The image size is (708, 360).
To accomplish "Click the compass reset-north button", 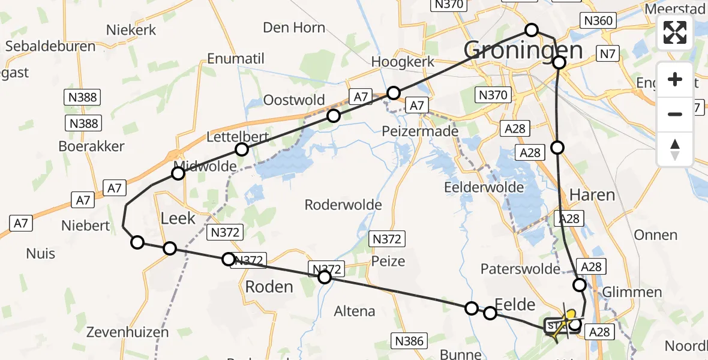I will coord(675,149).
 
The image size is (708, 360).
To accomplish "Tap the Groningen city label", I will coord(523,50).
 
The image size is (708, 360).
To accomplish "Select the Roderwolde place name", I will coord(343,205).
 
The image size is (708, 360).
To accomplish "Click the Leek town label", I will coord(178,218).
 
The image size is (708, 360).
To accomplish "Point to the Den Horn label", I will coord(294,28).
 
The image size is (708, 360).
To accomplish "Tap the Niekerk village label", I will coord(131,30).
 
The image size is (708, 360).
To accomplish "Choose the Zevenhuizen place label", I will coord(126,332).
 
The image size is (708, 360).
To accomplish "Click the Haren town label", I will coord(592,195).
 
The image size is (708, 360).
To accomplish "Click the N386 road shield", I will coord(409,341).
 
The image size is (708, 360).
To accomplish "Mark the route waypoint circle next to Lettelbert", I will coord(241,149).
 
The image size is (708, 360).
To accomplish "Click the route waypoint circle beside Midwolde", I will coord(178,174).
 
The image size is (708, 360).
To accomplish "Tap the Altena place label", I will coord(355,311).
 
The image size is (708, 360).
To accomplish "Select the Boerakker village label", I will coord(91,146).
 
